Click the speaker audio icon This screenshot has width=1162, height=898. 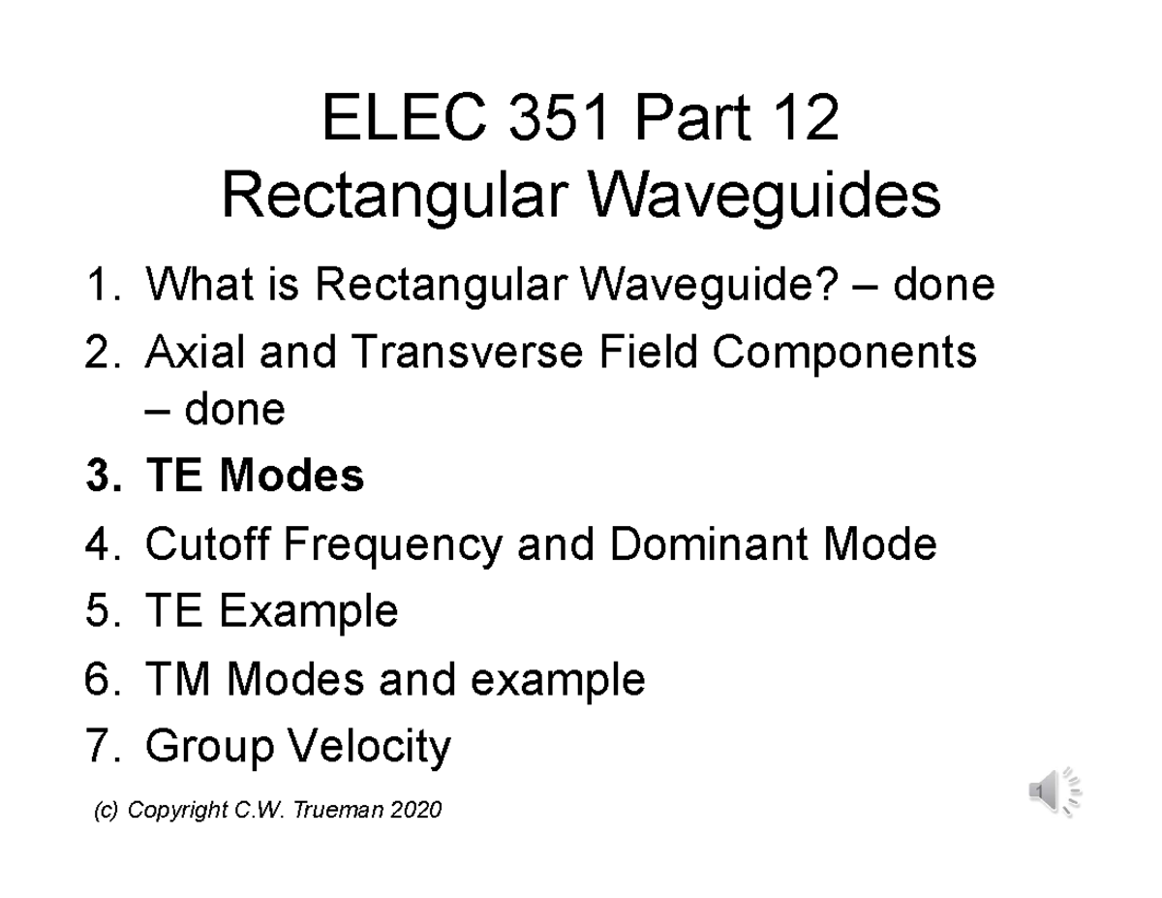point(1054,791)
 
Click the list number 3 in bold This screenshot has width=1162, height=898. point(100,477)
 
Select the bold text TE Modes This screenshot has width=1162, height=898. point(254,477)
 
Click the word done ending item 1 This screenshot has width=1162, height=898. point(943,286)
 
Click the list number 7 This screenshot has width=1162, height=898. point(100,747)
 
